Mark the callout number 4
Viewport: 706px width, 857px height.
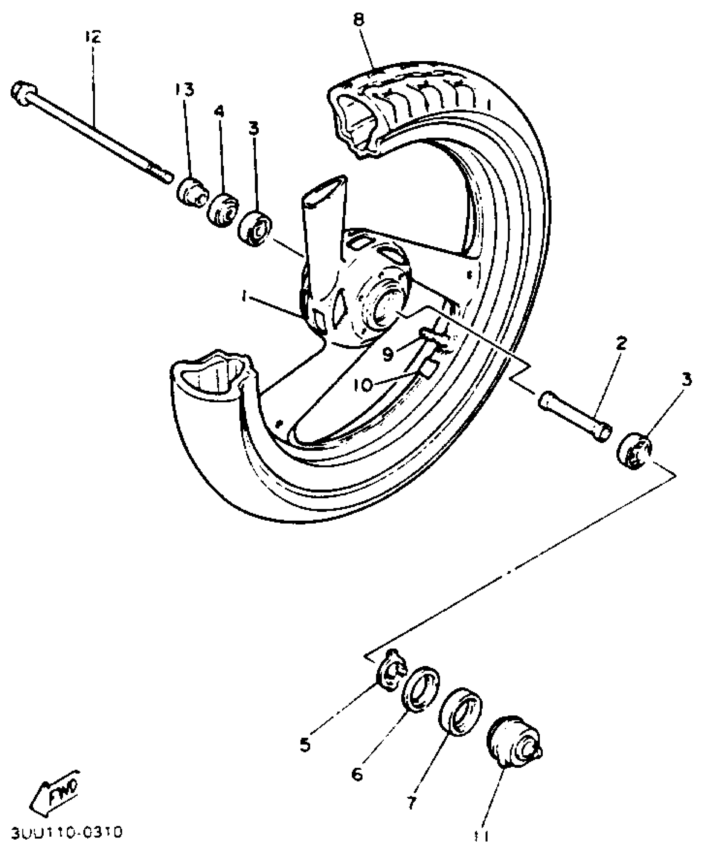[219, 112]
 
